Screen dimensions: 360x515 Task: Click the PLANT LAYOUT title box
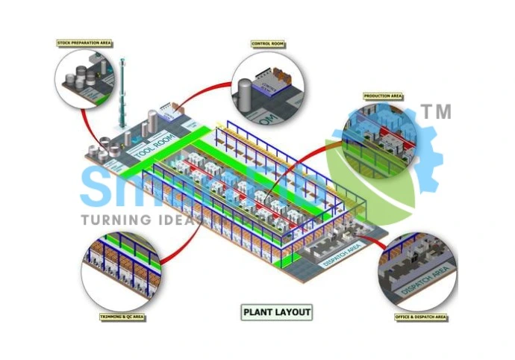click(277, 312)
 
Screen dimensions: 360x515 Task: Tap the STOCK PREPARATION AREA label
click(84, 43)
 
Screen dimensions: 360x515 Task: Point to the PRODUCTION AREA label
click(383, 96)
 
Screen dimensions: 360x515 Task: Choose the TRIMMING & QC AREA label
click(122, 317)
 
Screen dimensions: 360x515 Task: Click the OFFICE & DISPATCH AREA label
click(420, 317)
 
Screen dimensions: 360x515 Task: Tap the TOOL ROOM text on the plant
click(154, 143)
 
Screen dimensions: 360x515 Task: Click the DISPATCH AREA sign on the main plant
click(343, 255)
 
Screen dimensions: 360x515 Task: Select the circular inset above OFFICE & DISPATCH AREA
click(416, 270)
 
